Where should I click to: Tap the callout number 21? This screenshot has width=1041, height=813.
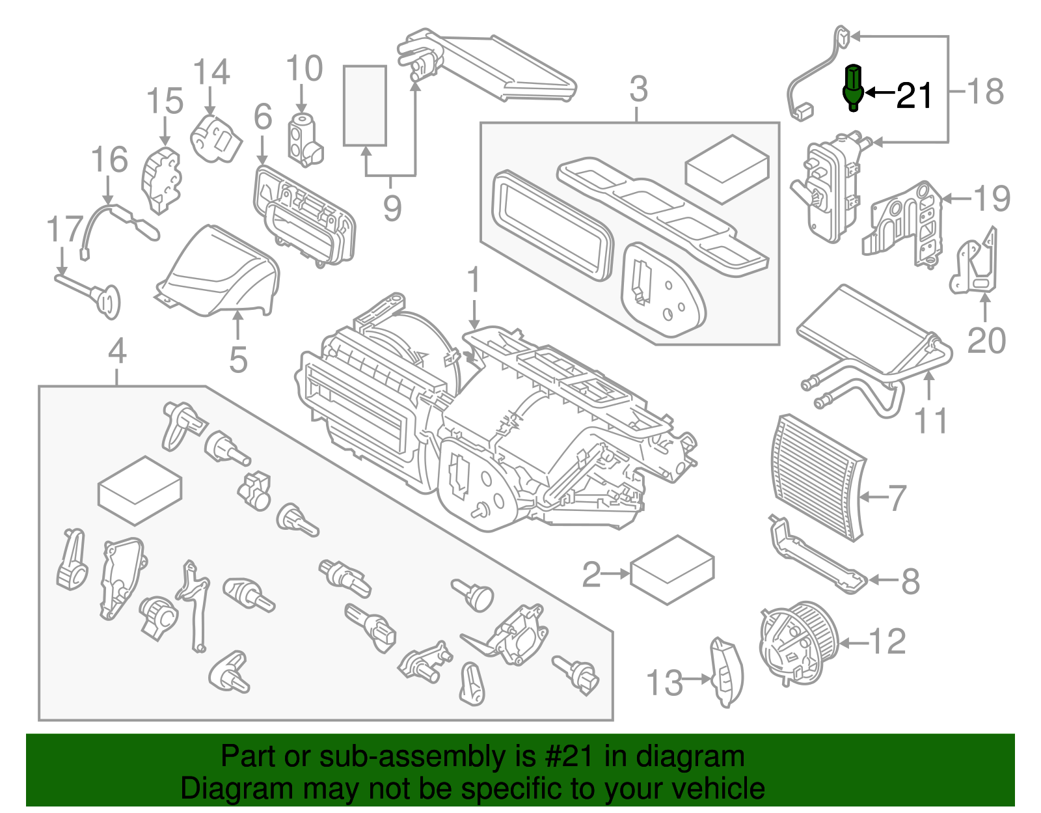point(914,96)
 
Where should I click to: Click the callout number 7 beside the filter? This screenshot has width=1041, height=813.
point(897,498)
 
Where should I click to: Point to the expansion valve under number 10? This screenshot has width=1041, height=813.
point(304,139)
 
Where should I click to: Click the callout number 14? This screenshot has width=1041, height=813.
point(211,72)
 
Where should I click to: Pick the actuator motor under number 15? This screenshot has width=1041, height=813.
point(160,178)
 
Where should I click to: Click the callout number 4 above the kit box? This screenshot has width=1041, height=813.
point(116,352)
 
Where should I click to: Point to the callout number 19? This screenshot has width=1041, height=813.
point(992,199)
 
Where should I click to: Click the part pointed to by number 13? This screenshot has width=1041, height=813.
point(726,672)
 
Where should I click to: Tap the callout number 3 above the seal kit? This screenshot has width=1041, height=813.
point(638,89)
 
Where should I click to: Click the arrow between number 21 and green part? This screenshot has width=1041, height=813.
point(880,92)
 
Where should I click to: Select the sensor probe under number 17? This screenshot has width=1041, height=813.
point(91,293)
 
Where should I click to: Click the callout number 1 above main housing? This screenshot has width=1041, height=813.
point(474,280)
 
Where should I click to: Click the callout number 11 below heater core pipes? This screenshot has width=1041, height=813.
point(930,420)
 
